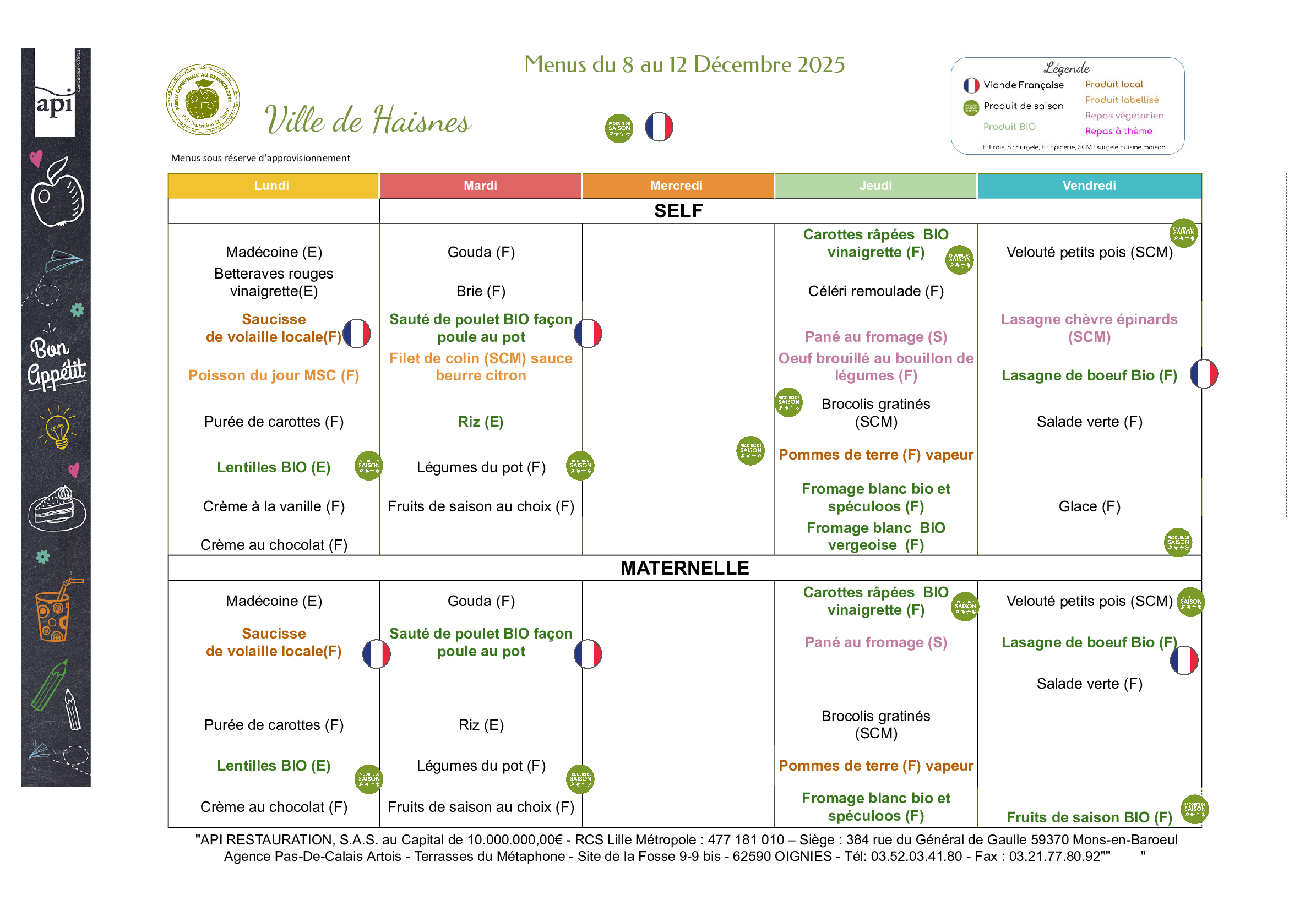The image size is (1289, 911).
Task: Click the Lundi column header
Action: (273, 186)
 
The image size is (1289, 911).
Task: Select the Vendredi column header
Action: (1089, 186)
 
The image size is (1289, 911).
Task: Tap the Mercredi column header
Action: (677, 186)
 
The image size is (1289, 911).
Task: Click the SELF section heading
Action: (678, 211)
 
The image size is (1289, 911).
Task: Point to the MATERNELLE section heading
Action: (684, 568)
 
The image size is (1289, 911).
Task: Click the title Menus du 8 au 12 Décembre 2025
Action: (684, 64)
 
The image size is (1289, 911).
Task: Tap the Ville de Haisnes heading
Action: (368, 120)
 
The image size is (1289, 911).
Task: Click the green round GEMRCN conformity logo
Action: (203, 99)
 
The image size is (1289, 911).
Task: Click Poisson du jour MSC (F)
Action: (274, 375)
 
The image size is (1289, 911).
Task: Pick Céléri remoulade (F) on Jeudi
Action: (876, 291)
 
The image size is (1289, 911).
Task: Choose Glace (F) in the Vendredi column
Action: (1089, 506)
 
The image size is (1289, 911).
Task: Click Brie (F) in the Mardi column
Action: (481, 291)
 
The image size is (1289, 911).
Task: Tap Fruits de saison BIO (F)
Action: (1089, 817)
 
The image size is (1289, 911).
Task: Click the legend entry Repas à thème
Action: (1118, 132)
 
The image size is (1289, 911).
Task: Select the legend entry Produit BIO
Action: (1009, 127)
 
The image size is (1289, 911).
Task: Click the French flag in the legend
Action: (971, 85)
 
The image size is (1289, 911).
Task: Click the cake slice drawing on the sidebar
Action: (57, 508)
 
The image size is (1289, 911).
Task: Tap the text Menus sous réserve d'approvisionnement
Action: (260, 159)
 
